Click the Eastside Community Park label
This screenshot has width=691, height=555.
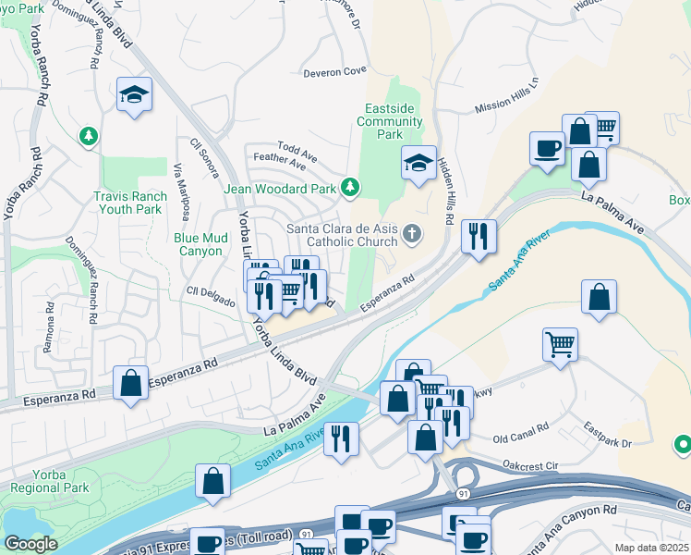click(x=389, y=121)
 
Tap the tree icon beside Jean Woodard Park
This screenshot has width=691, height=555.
click(x=350, y=189)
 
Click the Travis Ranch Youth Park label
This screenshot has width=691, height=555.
click(x=130, y=203)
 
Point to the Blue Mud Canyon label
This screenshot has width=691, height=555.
click(x=200, y=244)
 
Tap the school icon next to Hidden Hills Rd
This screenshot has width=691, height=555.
click(x=418, y=163)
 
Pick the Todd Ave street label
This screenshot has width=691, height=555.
click(x=297, y=149)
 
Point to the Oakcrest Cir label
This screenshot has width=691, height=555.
click(x=530, y=465)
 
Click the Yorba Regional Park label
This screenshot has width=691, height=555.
click(x=37, y=481)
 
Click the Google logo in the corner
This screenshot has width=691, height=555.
click(x=30, y=544)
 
